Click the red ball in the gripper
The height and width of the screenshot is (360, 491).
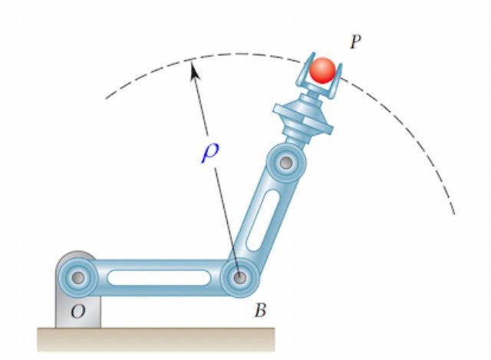tap(322, 70)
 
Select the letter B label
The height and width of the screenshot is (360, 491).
tap(260, 310)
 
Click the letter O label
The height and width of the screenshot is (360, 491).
tap(77, 312)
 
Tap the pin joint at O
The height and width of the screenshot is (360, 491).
tap(77, 276)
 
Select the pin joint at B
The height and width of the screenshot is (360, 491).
tap(240, 276)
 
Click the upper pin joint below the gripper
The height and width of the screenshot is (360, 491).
tap(287, 163)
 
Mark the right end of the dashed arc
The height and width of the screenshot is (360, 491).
tap(454, 213)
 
